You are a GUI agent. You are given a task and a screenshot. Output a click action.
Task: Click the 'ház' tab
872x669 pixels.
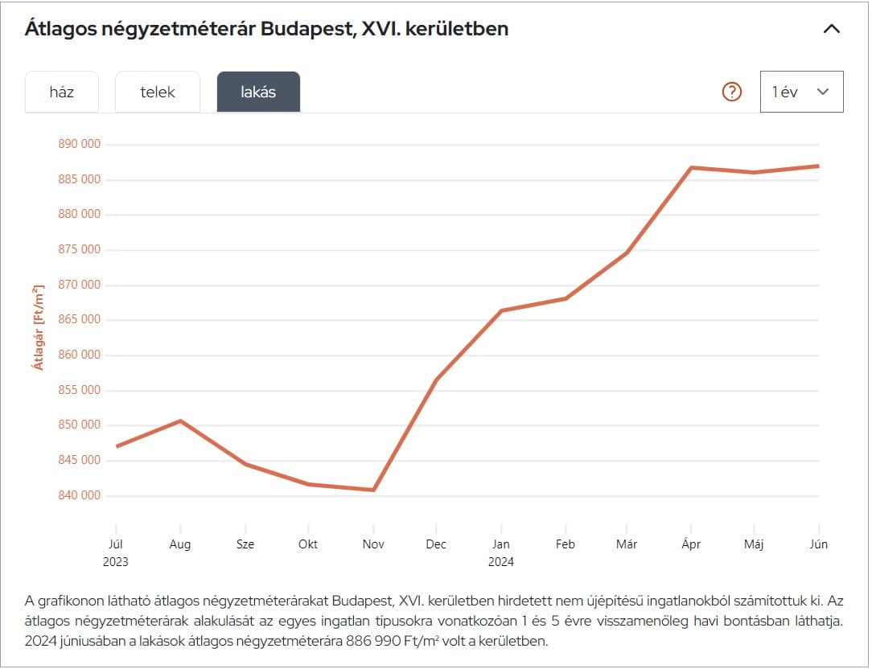point(62,92)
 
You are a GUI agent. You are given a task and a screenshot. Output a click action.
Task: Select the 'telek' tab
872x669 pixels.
point(158,92)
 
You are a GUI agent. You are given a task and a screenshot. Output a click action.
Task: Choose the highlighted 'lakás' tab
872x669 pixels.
point(258,92)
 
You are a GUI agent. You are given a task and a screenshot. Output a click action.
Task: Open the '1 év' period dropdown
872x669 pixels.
point(801,92)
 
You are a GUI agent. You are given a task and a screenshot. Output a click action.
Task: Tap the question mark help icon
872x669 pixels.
point(731,92)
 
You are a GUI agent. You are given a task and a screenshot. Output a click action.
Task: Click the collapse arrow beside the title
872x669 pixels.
point(832,29)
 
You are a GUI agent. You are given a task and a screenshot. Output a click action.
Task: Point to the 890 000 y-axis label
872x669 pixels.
point(80,144)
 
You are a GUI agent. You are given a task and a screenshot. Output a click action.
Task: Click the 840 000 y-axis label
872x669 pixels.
point(80,495)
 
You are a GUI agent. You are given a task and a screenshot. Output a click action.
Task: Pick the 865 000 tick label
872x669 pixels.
point(80,319)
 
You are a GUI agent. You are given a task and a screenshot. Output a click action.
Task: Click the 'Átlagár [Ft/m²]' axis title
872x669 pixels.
point(38,326)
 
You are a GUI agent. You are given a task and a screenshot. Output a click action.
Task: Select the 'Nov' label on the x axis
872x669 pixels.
point(373,544)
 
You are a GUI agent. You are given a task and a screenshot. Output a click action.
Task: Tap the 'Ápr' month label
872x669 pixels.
point(691,544)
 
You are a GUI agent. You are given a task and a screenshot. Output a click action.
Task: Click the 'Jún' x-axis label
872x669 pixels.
point(818,544)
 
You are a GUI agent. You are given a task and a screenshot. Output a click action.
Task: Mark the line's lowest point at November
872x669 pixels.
point(374,490)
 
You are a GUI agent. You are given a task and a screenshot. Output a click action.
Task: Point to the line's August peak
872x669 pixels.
point(181,421)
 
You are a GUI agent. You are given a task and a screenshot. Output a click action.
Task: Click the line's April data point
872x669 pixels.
point(691,167)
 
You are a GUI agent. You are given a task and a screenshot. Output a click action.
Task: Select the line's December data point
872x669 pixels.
point(436,380)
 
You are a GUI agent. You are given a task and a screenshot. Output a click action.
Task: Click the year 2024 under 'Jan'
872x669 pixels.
point(501,562)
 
